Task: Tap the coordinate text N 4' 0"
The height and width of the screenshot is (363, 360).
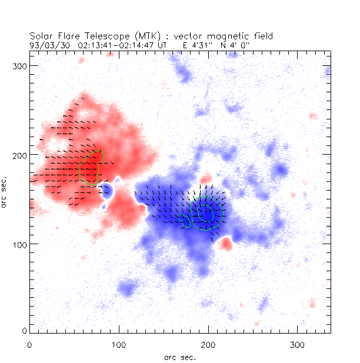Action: (x=223, y=44)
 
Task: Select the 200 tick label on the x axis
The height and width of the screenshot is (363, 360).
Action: (x=208, y=344)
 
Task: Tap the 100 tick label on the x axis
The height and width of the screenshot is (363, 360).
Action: (x=119, y=344)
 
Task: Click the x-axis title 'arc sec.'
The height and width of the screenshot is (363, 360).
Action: (x=179, y=357)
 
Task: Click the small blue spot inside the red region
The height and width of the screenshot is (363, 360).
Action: (x=106, y=190)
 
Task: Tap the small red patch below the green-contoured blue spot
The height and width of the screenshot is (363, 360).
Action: (x=226, y=244)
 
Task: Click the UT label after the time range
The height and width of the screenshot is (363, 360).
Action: (x=163, y=44)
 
